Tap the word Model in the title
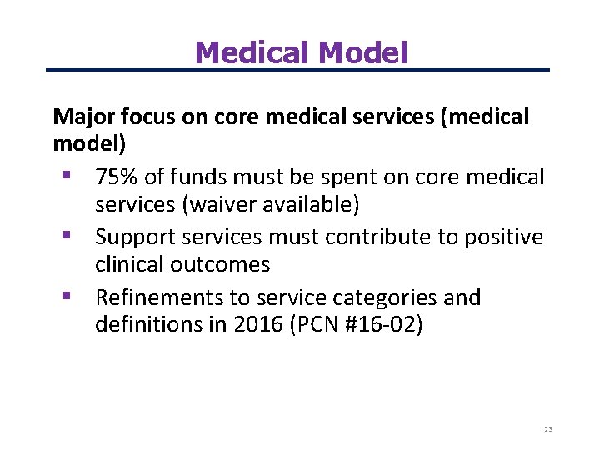[x=363, y=53]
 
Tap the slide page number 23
[x=547, y=429]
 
